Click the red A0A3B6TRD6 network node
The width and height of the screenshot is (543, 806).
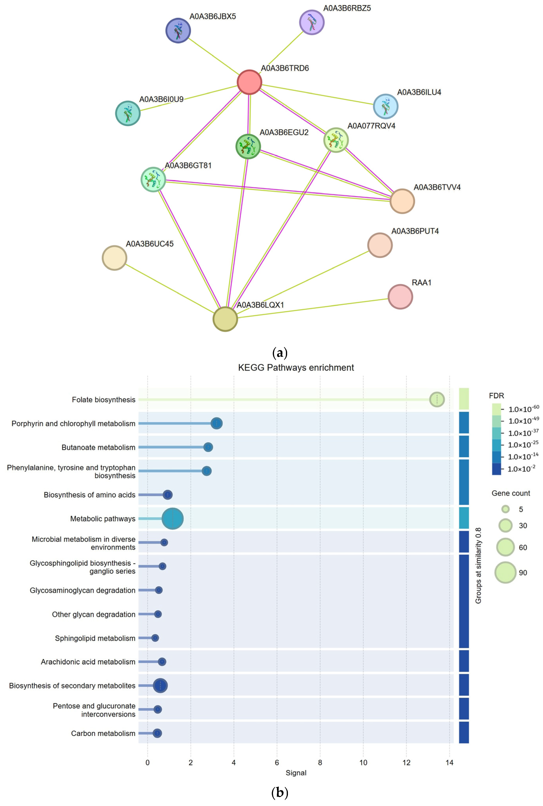click(249, 82)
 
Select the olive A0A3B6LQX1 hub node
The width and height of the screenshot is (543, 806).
click(225, 319)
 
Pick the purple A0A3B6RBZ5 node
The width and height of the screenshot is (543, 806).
click(312, 22)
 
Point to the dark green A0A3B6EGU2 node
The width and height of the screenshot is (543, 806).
click(248, 146)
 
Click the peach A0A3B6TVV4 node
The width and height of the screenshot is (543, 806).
click(402, 201)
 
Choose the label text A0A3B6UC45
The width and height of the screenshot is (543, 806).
click(150, 244)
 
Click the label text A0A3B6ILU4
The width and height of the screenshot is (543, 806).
click(419, 92)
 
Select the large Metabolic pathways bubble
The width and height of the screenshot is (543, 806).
click(173, 518)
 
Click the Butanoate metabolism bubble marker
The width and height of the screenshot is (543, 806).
click(208, 447)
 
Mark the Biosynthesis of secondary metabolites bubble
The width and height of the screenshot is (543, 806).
click(160, 685)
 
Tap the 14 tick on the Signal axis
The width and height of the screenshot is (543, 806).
click(449, 762)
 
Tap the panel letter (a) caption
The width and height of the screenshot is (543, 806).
click(280, 353)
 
